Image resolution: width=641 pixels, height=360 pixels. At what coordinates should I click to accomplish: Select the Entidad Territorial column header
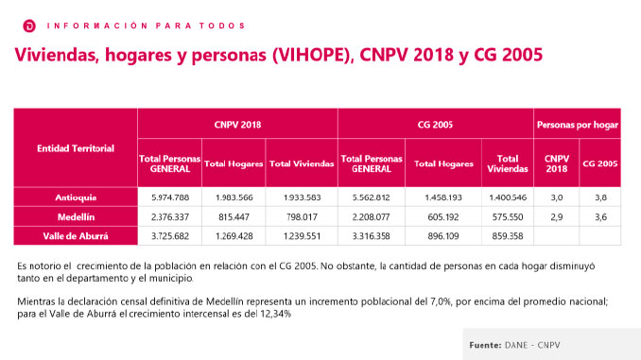76,148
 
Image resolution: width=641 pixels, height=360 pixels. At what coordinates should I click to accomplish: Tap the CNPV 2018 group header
237,125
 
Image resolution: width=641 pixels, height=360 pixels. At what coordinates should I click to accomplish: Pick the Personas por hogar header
577,125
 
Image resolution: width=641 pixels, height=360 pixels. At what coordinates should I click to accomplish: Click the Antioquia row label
76,197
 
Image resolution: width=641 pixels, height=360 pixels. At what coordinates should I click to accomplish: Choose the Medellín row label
76,216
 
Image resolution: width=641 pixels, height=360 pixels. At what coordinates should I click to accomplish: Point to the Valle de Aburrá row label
76,235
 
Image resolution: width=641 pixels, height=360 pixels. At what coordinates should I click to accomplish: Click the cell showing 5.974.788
170,197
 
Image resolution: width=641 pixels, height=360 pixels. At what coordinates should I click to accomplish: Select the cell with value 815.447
234,216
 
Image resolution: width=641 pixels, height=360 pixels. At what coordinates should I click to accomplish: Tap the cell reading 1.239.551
302,235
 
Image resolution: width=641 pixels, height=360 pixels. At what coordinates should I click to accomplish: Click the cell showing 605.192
443,216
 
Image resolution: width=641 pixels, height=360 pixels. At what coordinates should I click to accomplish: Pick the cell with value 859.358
508,235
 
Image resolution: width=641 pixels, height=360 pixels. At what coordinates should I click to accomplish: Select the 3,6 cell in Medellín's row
599,216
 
